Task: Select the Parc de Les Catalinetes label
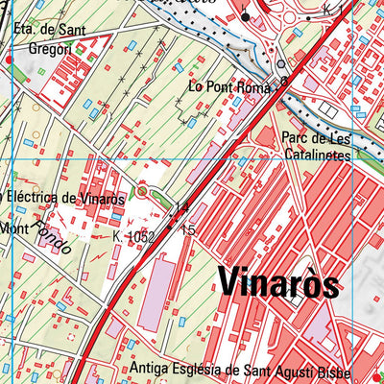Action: (x=317, y=144)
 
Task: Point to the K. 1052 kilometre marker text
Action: (x=133, y=235)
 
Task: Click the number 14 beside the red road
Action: (x=182, y=207)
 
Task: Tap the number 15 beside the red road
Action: (x=188, y=230)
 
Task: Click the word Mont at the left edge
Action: (x=13, y=228)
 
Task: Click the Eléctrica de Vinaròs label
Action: (x=65, y=199)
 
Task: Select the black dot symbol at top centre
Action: (x=245, y=17)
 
